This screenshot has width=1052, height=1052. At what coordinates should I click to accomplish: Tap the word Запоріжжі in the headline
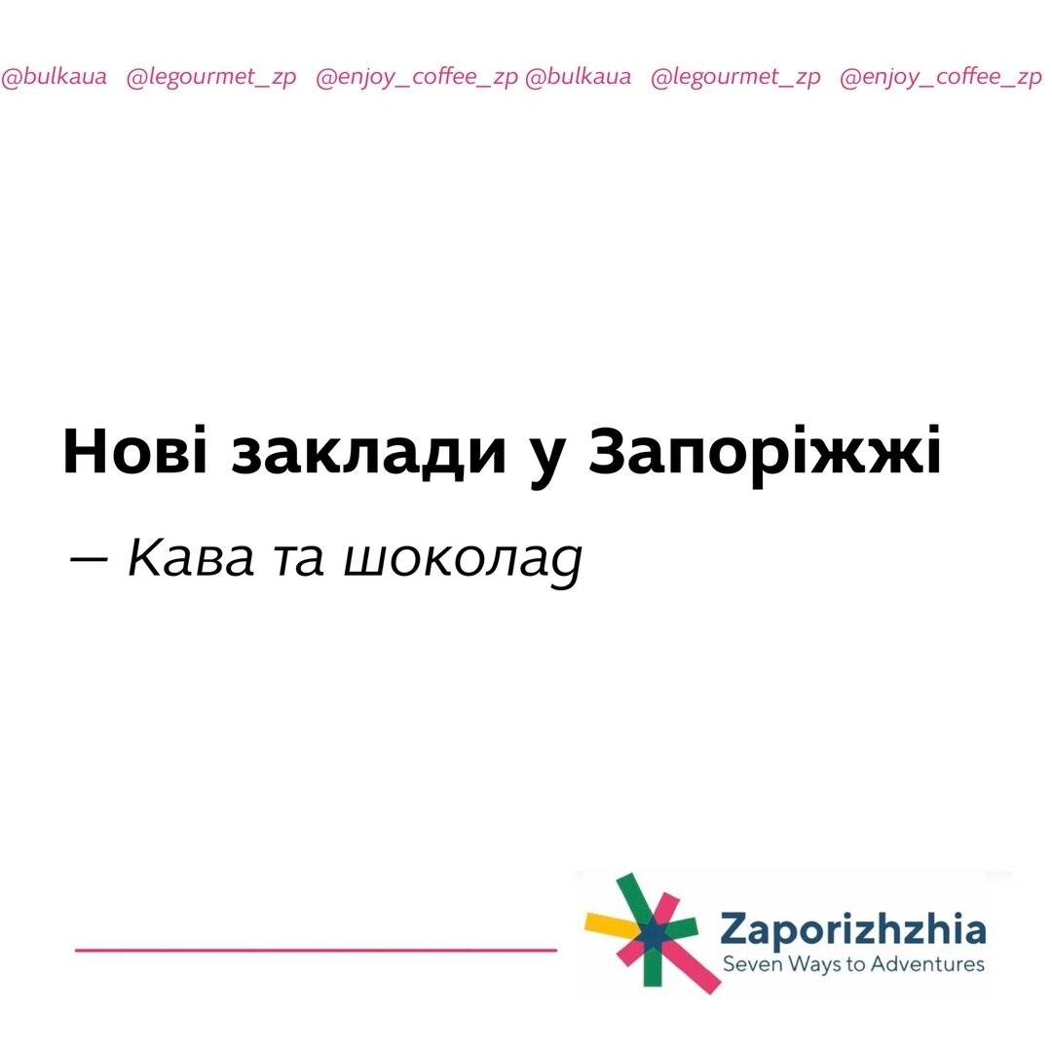point(765,451)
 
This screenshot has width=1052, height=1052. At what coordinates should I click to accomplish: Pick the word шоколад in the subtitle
point(463,560)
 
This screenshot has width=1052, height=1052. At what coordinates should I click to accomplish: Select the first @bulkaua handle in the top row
point(55,78)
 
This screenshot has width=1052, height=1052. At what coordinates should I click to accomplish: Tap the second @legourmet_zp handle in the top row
point(735,78)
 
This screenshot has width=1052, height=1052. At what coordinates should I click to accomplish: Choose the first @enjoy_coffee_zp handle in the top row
point(417,78)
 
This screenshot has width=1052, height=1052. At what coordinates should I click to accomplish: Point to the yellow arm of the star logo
point(606,921)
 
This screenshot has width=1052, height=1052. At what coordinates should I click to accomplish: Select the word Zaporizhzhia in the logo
point(852,931)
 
